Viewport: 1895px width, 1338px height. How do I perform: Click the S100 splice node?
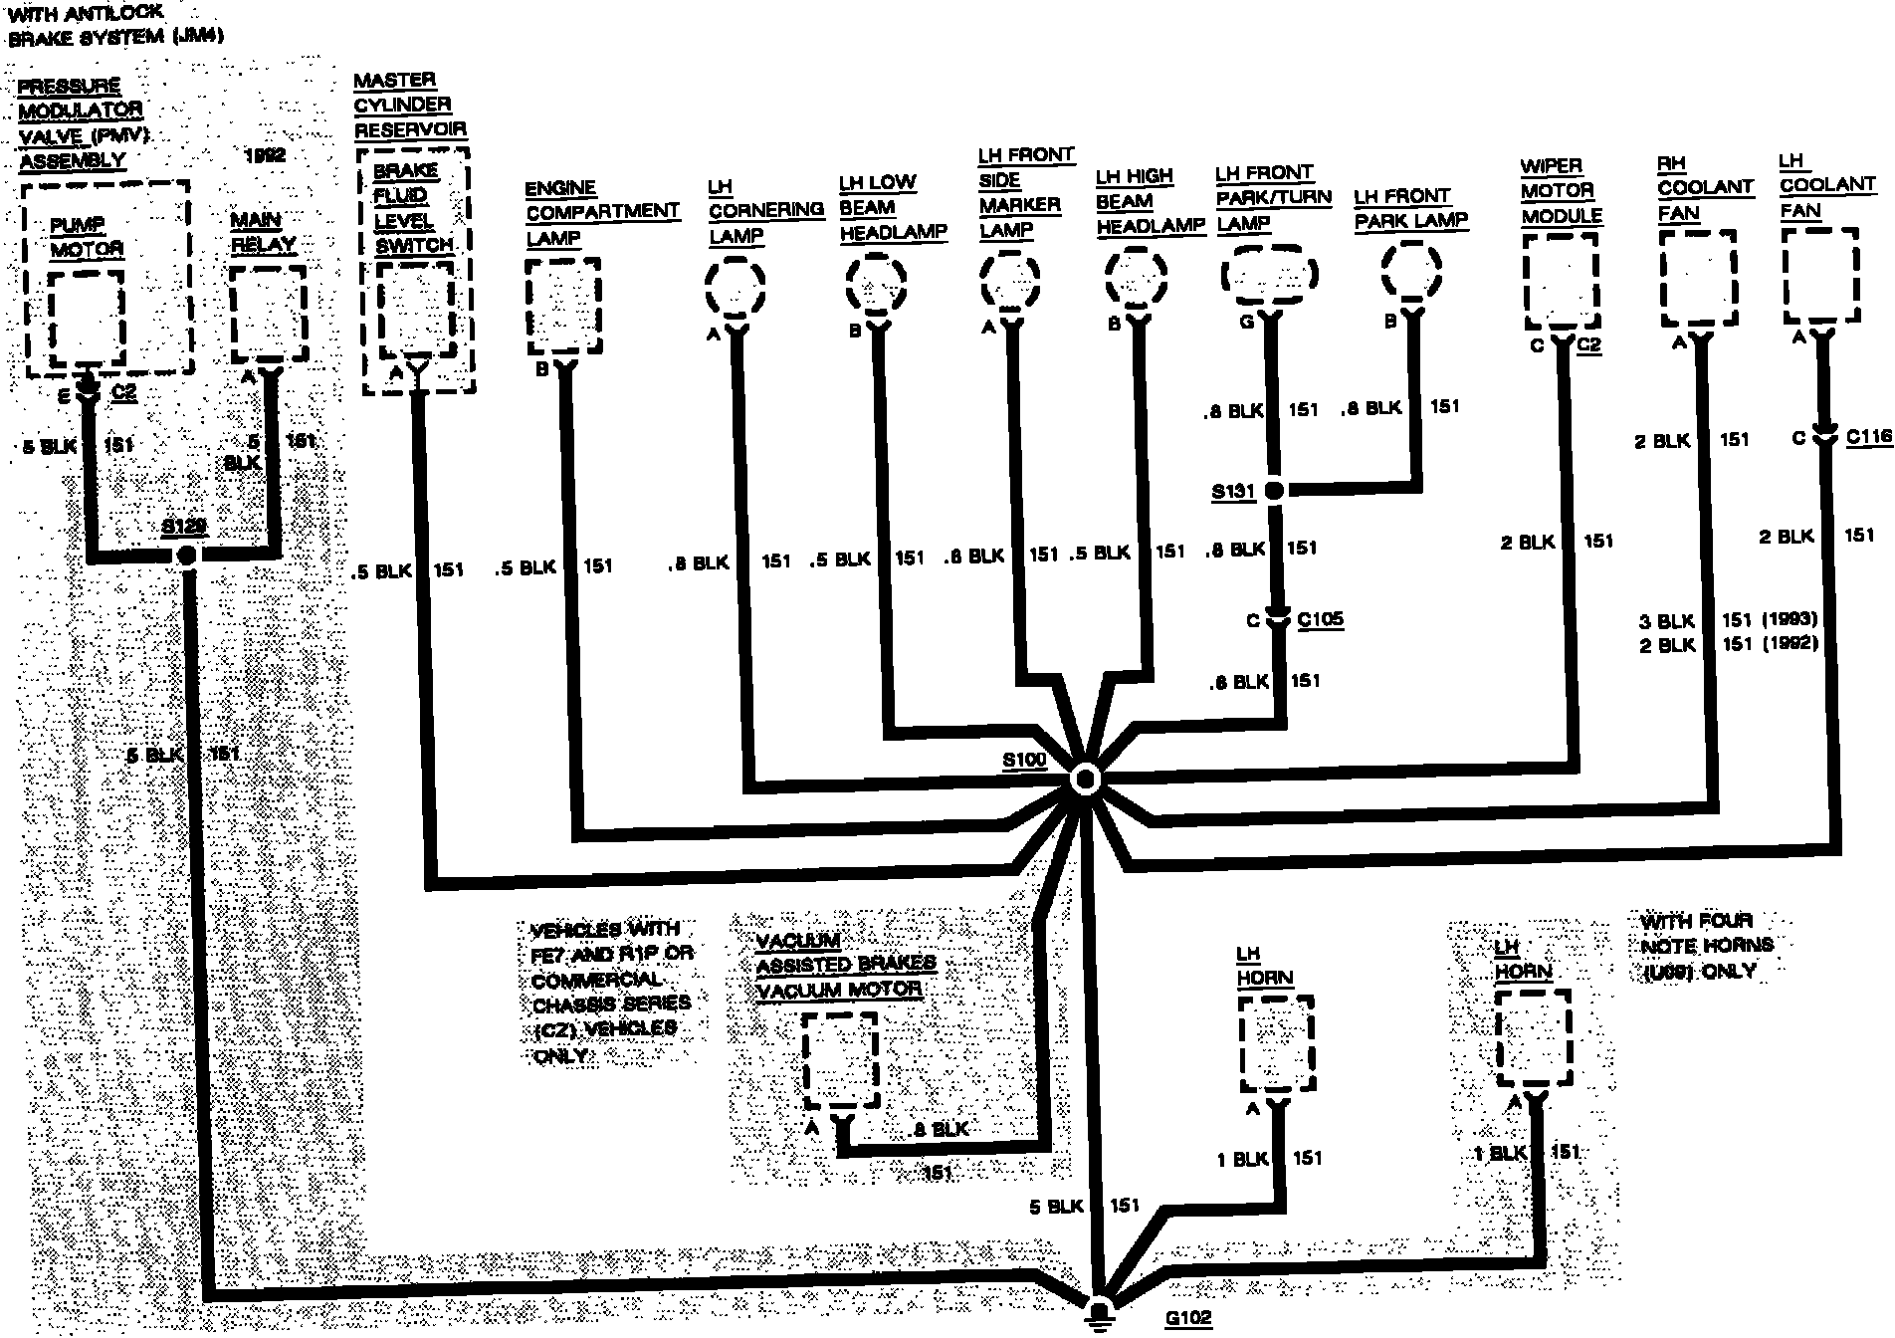click(x=1085, y=780)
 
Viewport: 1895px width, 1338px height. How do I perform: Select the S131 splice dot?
click(x=1273, y=490)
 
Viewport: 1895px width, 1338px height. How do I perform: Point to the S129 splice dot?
click(x=185, y=555)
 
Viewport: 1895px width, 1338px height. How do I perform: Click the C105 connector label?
click(x=1320, y=619)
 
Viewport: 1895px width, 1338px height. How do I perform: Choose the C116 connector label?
click(x=1868, y=436)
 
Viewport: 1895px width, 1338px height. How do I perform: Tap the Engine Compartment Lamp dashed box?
click(x=563, y=305)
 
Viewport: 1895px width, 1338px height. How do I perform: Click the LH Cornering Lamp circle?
click(x=736, y=287)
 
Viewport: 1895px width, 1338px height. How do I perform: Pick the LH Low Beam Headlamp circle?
click(x=877, y=282)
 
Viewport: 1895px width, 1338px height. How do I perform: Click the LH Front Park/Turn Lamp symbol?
click(x=1269, y=274)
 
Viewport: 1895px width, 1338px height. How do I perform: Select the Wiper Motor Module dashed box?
click(x=1562, y=281)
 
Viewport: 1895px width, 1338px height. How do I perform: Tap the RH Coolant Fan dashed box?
click(x=1698, y=279)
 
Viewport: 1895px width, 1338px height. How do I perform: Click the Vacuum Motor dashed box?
click(x=840, y=1060)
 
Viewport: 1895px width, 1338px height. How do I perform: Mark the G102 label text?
click(x=1188, y=1319)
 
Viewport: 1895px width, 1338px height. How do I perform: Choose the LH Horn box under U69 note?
click(x=1533, y=1039)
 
